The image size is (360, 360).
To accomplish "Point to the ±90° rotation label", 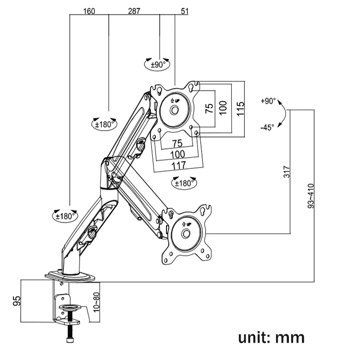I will [158, 64].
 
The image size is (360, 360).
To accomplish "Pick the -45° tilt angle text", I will [267, 127].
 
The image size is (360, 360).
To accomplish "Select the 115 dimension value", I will [239, 108].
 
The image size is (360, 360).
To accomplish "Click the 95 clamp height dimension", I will [16, 301].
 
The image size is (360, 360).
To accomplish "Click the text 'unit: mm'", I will [271, 337].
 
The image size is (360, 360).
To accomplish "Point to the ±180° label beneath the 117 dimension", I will [184, 183].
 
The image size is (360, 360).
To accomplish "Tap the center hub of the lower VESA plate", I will [186, 234].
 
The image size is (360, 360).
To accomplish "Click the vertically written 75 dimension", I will [209, 108].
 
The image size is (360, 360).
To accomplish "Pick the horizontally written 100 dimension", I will [177, 154].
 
